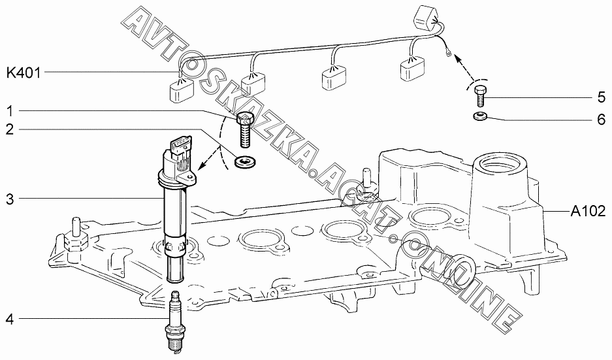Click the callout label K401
24,73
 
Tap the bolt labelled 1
245,131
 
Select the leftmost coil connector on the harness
181,92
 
